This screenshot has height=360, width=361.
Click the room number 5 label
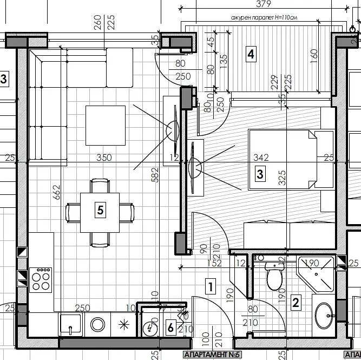tap(100, 210)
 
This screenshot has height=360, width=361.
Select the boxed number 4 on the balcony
tap(250, 54)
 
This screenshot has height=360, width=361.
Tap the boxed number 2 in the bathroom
tap(296, 302)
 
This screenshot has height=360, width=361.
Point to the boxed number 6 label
tap(170, 328)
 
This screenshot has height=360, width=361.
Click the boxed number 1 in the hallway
tap(211, 286)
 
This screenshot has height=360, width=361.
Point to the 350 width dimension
tap(104, 158)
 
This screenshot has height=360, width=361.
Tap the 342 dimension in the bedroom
tap(261, 158)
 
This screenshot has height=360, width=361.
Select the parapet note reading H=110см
tap(264, 18)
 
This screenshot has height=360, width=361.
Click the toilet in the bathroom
tap(274, 278)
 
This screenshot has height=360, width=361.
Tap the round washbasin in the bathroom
tap(325, 315)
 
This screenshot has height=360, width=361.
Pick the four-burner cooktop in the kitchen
tap(41, 280)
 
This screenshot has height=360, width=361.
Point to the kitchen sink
tap(71, 325)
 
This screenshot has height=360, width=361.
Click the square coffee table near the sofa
tap(105, 126)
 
